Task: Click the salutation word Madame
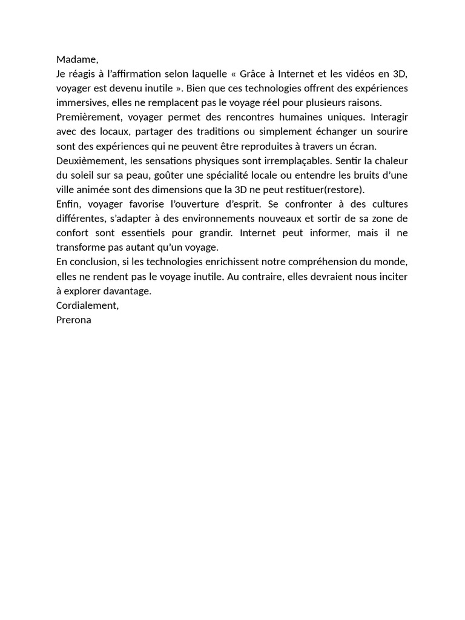click(x=76, y=59)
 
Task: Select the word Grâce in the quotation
click(x=253, y=74)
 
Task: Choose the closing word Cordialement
click(x=87, y=306)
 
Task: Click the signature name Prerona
click(x=74, y=320)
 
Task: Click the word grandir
click(x=216, y=233)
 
